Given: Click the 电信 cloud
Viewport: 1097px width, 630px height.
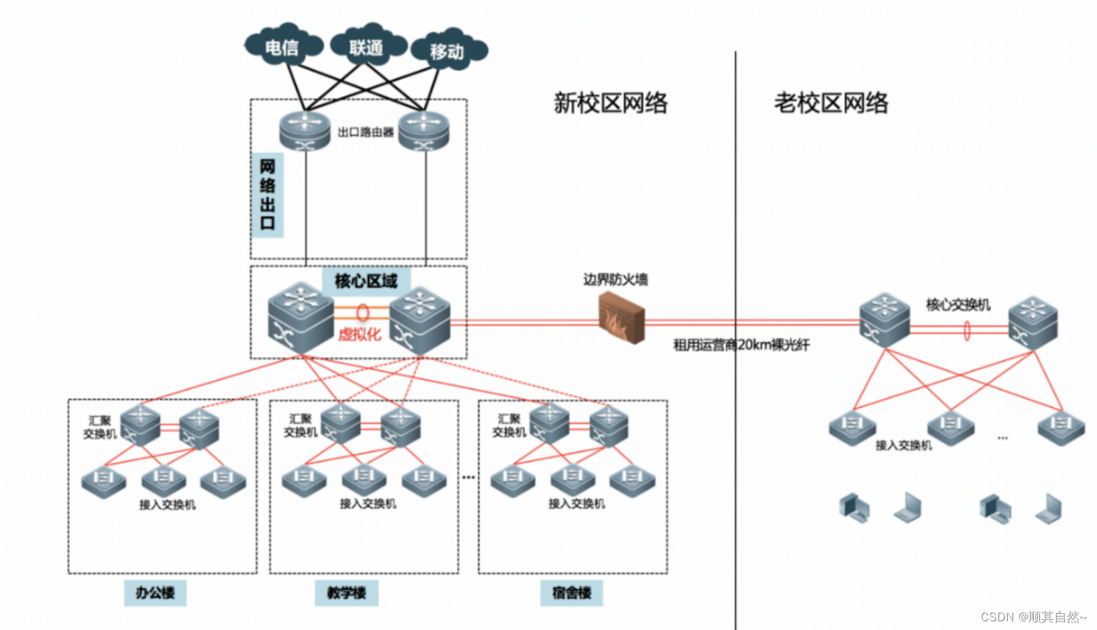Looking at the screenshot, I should click(282, 47).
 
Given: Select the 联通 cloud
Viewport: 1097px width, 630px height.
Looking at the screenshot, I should click(366, 47).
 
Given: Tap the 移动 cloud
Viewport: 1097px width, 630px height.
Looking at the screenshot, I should click(448, 51).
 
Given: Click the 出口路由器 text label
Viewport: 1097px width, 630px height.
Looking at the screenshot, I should click(366, 132).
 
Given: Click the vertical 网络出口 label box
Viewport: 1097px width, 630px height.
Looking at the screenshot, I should click(267, 195).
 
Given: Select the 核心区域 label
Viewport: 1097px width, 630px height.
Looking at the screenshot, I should click(366, 280).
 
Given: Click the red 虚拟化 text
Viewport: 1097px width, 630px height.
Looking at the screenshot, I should click(360, 334).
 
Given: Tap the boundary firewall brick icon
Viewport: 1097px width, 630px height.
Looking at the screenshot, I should click(621, 319).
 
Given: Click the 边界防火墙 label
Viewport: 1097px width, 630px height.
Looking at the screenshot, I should click(615, 279).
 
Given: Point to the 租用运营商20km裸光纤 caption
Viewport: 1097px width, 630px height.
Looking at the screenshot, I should click(741, 345).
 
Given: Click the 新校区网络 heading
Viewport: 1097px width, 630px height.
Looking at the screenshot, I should click(610, 103).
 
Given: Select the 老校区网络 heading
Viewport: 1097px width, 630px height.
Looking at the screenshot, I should click(831, 103).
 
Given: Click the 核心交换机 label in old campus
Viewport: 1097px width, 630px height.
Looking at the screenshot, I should click(957, 305).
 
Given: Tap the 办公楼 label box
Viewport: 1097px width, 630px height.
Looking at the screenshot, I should click(155, 592).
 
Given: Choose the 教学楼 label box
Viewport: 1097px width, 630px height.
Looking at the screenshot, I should click(346, 592).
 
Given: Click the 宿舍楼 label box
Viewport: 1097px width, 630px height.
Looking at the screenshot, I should click(572, 592).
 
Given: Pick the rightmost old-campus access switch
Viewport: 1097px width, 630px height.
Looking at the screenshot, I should click(1061, 427).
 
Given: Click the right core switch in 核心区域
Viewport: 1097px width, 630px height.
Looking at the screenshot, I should click(420, 320).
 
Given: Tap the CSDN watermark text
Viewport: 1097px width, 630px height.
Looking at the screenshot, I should click(1033, 617).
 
